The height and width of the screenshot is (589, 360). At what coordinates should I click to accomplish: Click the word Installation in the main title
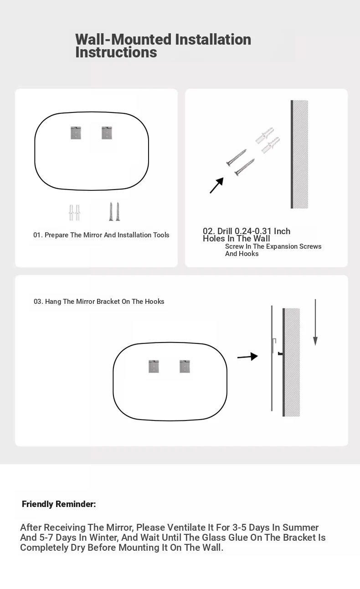pyautogui.click(x=213, y=40)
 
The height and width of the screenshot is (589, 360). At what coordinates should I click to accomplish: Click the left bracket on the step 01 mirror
pyautogui.click(x=76, y=133)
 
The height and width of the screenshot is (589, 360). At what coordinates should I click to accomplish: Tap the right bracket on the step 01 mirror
pyautogui.click(x=107, y=133)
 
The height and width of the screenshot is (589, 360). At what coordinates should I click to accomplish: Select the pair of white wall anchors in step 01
pyautogui.click(x=75, y=213)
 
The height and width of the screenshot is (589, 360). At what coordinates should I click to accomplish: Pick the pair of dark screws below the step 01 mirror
pyautogui.click(x=114, y=212)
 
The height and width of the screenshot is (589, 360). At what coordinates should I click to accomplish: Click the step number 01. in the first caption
pyautogui.click(x=38, y=235)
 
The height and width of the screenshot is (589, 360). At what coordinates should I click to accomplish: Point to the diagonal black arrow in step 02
pyautogui.click(x=217, y=185)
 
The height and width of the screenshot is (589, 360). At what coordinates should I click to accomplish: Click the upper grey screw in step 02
pyautogui.click(x=237, y=158)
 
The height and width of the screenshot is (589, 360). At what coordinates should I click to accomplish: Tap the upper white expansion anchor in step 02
pyautogui.click(x=265, y=135)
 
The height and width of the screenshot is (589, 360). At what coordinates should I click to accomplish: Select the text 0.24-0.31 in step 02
pyautogui.click(x=253, y=231)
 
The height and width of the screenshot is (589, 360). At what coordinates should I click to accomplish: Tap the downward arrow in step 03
pyautogui.click(x=315, y=322)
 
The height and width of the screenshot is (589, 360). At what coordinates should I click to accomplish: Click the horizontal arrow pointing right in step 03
pyautogui.click(x=247, y=357)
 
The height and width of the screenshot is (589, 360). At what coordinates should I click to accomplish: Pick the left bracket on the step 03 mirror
pyautogui.click(x=154, y=366)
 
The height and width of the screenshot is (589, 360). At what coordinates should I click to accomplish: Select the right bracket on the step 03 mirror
pyautogui.click(x=185, y=366)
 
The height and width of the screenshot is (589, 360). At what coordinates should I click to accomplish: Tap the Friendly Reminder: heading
pyautogui.click(x=59, y=504)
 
